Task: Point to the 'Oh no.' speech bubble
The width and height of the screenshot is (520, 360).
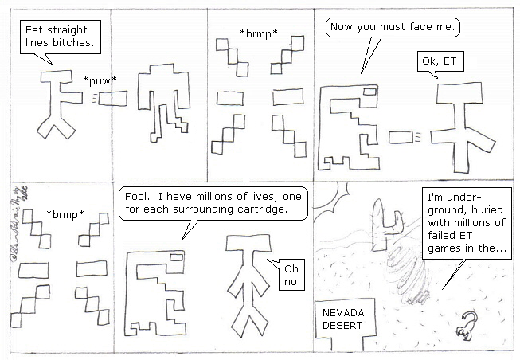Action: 287,276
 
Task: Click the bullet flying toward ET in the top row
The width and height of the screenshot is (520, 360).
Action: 402,139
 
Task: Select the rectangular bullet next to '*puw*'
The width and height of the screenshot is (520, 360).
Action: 112,98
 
